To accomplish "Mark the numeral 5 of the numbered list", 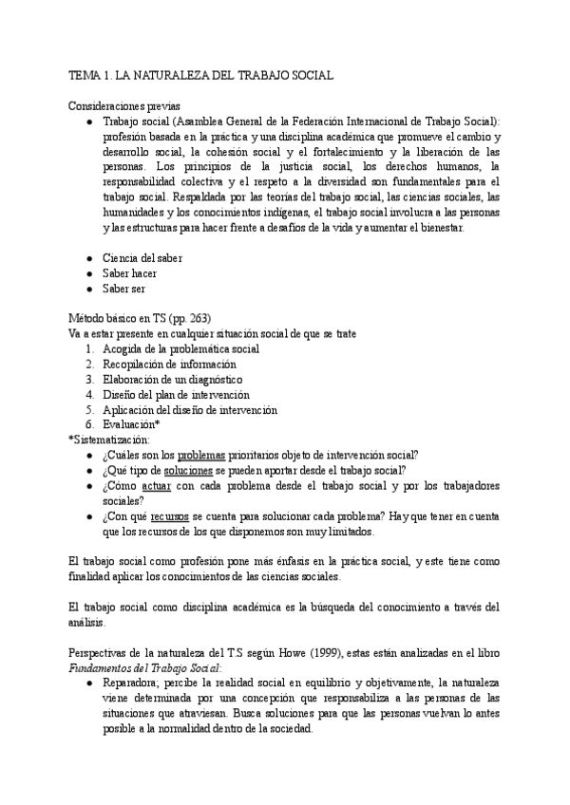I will click(x=88, y=410).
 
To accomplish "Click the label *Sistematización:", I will click(x=109, y=440).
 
